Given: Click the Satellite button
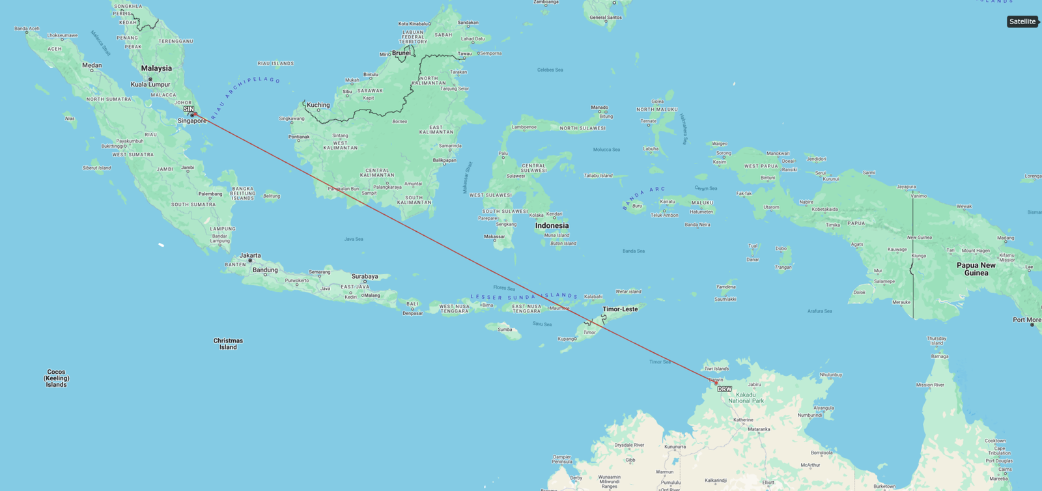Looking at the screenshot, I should pyautogui.click(x=1022, y=21).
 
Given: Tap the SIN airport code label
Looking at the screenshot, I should pyautogui.click(x=188, y=109).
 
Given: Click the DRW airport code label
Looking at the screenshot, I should pyautogui.click(x=724, y=389).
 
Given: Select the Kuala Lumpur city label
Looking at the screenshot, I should pyautogui.click(x=150, y=85).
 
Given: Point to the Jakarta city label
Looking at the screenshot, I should pyautogui.click(x=250, y=256).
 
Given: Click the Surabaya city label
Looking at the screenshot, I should pyautogui.click(x=365, y=277).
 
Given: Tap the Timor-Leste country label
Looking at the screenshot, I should pyautogui.click(x=620, y=309).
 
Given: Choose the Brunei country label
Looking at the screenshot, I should pyautogui.click(x=401, y=53).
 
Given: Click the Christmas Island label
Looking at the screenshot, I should pyautogui.click(x=228, y=344).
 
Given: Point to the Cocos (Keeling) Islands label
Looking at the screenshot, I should pyautogui.click(x=57, y=378).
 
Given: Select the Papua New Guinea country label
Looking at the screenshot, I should pyautogui.click(x=976, y=269).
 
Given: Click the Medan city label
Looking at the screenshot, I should pyautogui.click(x=92, y=65).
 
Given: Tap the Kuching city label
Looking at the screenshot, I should pyautogui.click(x=318, y=105).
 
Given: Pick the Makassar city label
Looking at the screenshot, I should pyautogui.click(x=494, y=236).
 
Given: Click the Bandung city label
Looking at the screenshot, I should pyautogui.click(x=265, y=270).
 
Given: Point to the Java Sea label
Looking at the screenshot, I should pyautogui.click(x=354, y=239).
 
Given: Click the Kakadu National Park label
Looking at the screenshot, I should pyautogui.click(x=746, y=398).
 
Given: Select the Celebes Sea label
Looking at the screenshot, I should pyautogui.click(x=550, y=70).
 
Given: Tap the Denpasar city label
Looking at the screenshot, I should pyautogui.click(x=412, y=313).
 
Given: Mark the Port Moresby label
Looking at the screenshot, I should pyautogui.click(x=1026, y=320).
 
